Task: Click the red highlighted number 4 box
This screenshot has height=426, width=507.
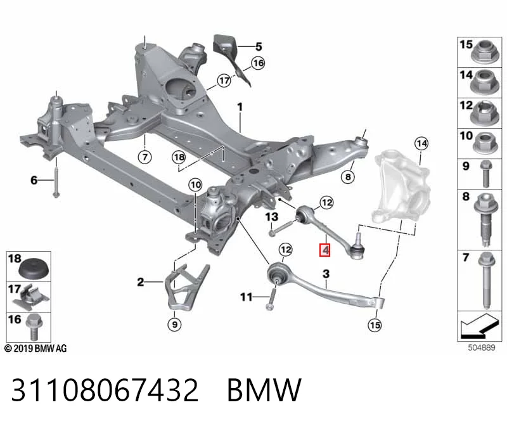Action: [324, 250]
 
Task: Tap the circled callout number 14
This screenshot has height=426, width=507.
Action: [421, 143]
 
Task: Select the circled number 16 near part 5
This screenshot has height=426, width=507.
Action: [258, 63]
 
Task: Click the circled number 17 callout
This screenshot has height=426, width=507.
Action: [224, 81]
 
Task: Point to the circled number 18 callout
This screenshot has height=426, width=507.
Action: [179, 157]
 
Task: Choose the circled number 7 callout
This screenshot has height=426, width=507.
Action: [144, 157]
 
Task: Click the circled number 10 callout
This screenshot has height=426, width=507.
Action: [195, 185]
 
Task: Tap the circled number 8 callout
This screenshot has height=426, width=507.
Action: [348, 177]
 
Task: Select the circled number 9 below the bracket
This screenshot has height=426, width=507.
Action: [175, 324]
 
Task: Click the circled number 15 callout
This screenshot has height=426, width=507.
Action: [375, 325]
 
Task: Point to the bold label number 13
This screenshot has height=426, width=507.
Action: [272, 217]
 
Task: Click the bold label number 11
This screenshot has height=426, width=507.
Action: [246, 297]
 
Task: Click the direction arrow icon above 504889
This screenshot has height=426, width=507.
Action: [479, 326]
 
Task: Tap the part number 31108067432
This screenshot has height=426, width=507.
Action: [105, 390]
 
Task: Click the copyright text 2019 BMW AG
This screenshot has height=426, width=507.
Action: [35, 349]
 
